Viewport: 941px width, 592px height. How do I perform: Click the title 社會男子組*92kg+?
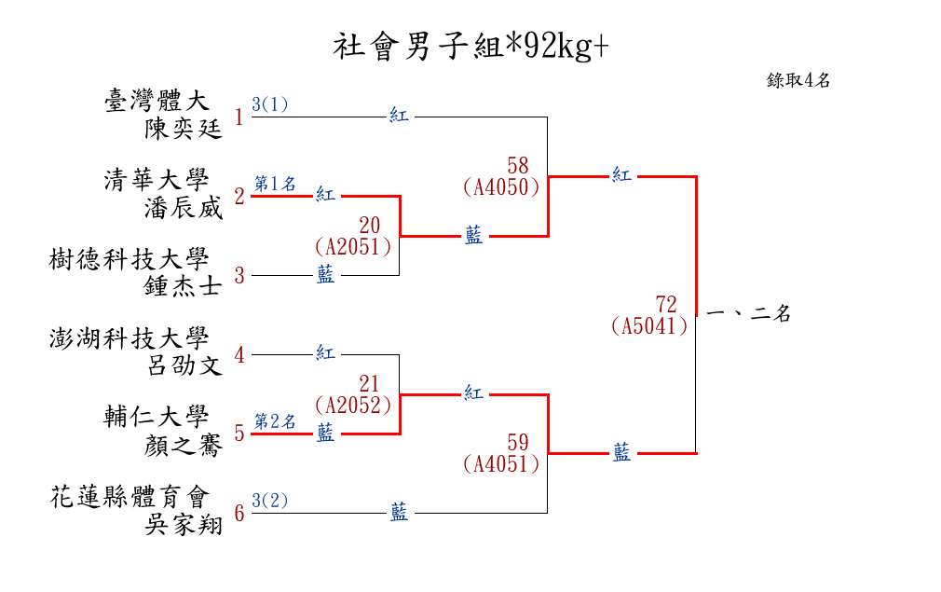click(470, 47)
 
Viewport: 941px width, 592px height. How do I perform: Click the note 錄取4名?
click(798, 80)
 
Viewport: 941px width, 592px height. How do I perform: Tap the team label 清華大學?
click(157, 180)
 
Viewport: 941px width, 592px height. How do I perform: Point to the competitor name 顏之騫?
click(184, 446)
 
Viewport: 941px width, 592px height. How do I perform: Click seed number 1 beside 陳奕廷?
click(239, 117)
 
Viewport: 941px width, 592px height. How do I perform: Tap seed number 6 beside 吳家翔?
click(239, 514)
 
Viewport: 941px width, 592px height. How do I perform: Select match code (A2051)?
click(352, 247)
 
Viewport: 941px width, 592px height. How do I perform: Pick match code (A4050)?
click(501, 187)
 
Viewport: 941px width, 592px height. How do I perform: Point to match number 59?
click(518, 442)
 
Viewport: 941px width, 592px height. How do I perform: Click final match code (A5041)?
click(649, 326)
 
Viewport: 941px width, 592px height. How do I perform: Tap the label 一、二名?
click(749, 314)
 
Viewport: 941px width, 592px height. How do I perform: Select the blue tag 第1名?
click(275, 184)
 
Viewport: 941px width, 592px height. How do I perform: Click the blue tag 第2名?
click(275, 421)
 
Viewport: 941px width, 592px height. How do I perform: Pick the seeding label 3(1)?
click(270, 104)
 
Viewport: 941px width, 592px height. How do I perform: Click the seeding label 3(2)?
click(270, 501)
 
